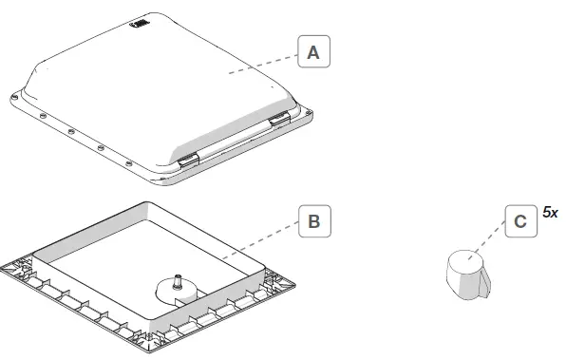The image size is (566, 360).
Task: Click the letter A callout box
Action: point(312,53)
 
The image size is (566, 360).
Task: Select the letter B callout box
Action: point(313,223)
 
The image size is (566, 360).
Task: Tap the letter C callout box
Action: point(519,221)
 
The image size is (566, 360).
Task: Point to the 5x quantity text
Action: point(550,213)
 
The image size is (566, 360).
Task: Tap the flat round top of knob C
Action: point(464,257)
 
